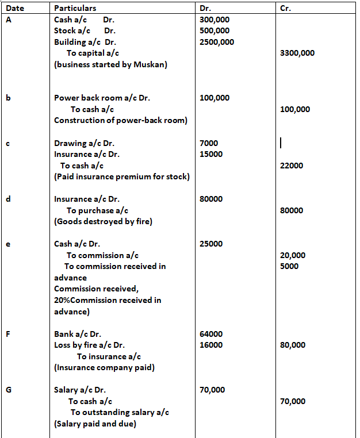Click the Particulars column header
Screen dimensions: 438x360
[x=75, y=8]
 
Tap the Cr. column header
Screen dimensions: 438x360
[x=284, y=8]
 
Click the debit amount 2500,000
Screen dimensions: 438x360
[x=217, y=42]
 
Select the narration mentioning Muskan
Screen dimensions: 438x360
[x=110, y=64]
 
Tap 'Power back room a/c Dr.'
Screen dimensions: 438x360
[x=102, y=98]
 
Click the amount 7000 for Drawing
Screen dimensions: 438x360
[x=209, y=143]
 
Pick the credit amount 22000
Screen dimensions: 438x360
[x=292, y=166]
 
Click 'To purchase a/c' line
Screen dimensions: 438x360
[x=97, y=210]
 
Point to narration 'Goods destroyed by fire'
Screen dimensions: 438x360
[x=103, y=221]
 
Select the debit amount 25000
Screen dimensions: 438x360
[x=211, y=244]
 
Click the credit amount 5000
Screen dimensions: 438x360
[x=289, y=266]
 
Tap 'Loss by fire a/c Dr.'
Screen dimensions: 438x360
[x=89, y=345]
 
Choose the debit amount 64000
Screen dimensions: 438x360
[x=211, y=334]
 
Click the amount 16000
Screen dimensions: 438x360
[x=211, y=345]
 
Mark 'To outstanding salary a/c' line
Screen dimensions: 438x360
[x=120, y=413]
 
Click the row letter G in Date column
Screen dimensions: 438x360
[x=9, y=390]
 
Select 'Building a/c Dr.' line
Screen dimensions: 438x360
[x=85, y=42]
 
